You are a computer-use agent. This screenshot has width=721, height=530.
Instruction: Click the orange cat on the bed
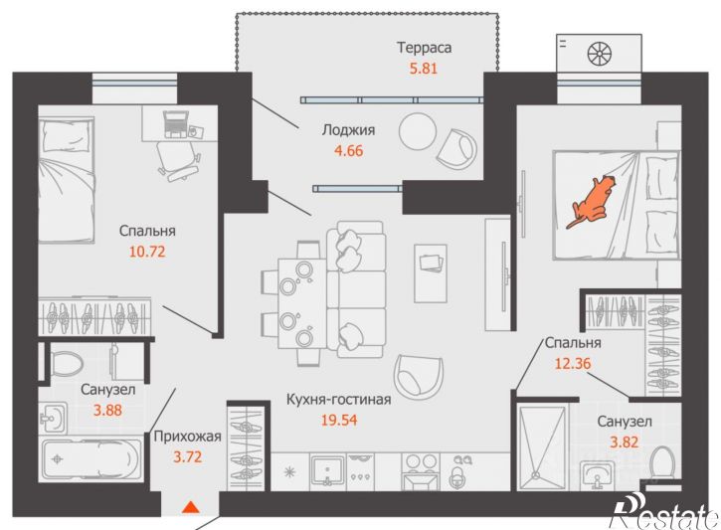point(591,201)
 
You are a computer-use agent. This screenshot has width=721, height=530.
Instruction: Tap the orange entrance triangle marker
point(190,507)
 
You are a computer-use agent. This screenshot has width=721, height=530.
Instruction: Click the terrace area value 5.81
point(423,68)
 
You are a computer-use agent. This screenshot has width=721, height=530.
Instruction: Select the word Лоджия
point(348,130)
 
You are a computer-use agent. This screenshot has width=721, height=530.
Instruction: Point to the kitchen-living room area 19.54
point(339,420)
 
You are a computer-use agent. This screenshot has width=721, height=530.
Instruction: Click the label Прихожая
point(187,437)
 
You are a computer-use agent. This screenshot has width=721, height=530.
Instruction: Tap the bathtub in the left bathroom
point(91,459)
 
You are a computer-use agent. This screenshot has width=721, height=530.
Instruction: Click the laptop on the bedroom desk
point(176,123)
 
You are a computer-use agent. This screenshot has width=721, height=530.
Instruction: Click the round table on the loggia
point(418,131)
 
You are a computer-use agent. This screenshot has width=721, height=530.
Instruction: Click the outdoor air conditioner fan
point(600,53)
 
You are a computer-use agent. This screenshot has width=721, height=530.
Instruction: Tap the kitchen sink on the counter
point(327,470)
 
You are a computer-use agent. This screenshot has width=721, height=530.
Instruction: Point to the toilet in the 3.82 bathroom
point(664,462)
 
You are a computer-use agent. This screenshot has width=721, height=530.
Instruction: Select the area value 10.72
point(147,252)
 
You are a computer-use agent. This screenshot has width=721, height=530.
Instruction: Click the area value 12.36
point(573,364)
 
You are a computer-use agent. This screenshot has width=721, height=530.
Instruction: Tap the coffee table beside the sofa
point(431,273)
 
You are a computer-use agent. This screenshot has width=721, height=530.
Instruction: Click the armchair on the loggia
point(457,149)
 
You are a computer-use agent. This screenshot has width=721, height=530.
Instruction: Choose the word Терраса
point(424,48)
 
